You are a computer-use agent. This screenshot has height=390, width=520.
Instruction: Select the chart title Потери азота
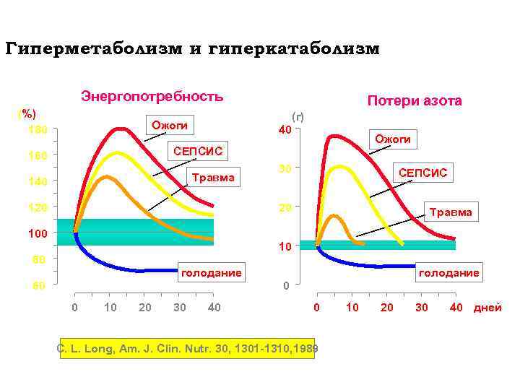click(x=415, y=101)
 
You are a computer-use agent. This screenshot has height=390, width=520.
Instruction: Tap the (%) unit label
click(x=27, y=114)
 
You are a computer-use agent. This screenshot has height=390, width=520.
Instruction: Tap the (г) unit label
click(x=297, y=116)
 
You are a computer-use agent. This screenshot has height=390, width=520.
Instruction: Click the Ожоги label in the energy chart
click(x=170, y=126)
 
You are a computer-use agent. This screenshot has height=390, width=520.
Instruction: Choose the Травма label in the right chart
click(x=451, y=212)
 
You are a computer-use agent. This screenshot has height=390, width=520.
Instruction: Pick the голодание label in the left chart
click(x=211, y=272)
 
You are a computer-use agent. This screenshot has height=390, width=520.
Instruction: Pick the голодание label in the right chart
click(x=451, y=272)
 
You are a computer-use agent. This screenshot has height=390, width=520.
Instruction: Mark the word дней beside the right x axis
click(x=487, y=308)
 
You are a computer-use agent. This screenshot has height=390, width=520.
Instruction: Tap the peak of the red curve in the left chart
click(x=121, y=129)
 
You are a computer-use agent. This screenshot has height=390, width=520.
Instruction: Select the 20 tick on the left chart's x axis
click(x=144, y=308)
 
